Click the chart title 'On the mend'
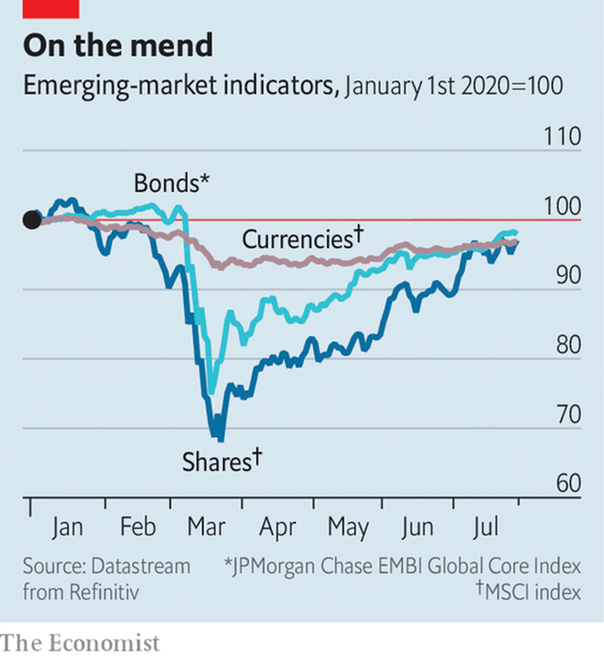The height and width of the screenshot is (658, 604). tap(118, 44)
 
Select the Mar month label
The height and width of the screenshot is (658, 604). tap(207, 527)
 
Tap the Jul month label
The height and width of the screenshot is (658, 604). tap(487, 527)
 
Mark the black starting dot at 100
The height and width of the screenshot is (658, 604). tap(31, 220)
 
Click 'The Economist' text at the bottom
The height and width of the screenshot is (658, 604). tap(80, 642)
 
